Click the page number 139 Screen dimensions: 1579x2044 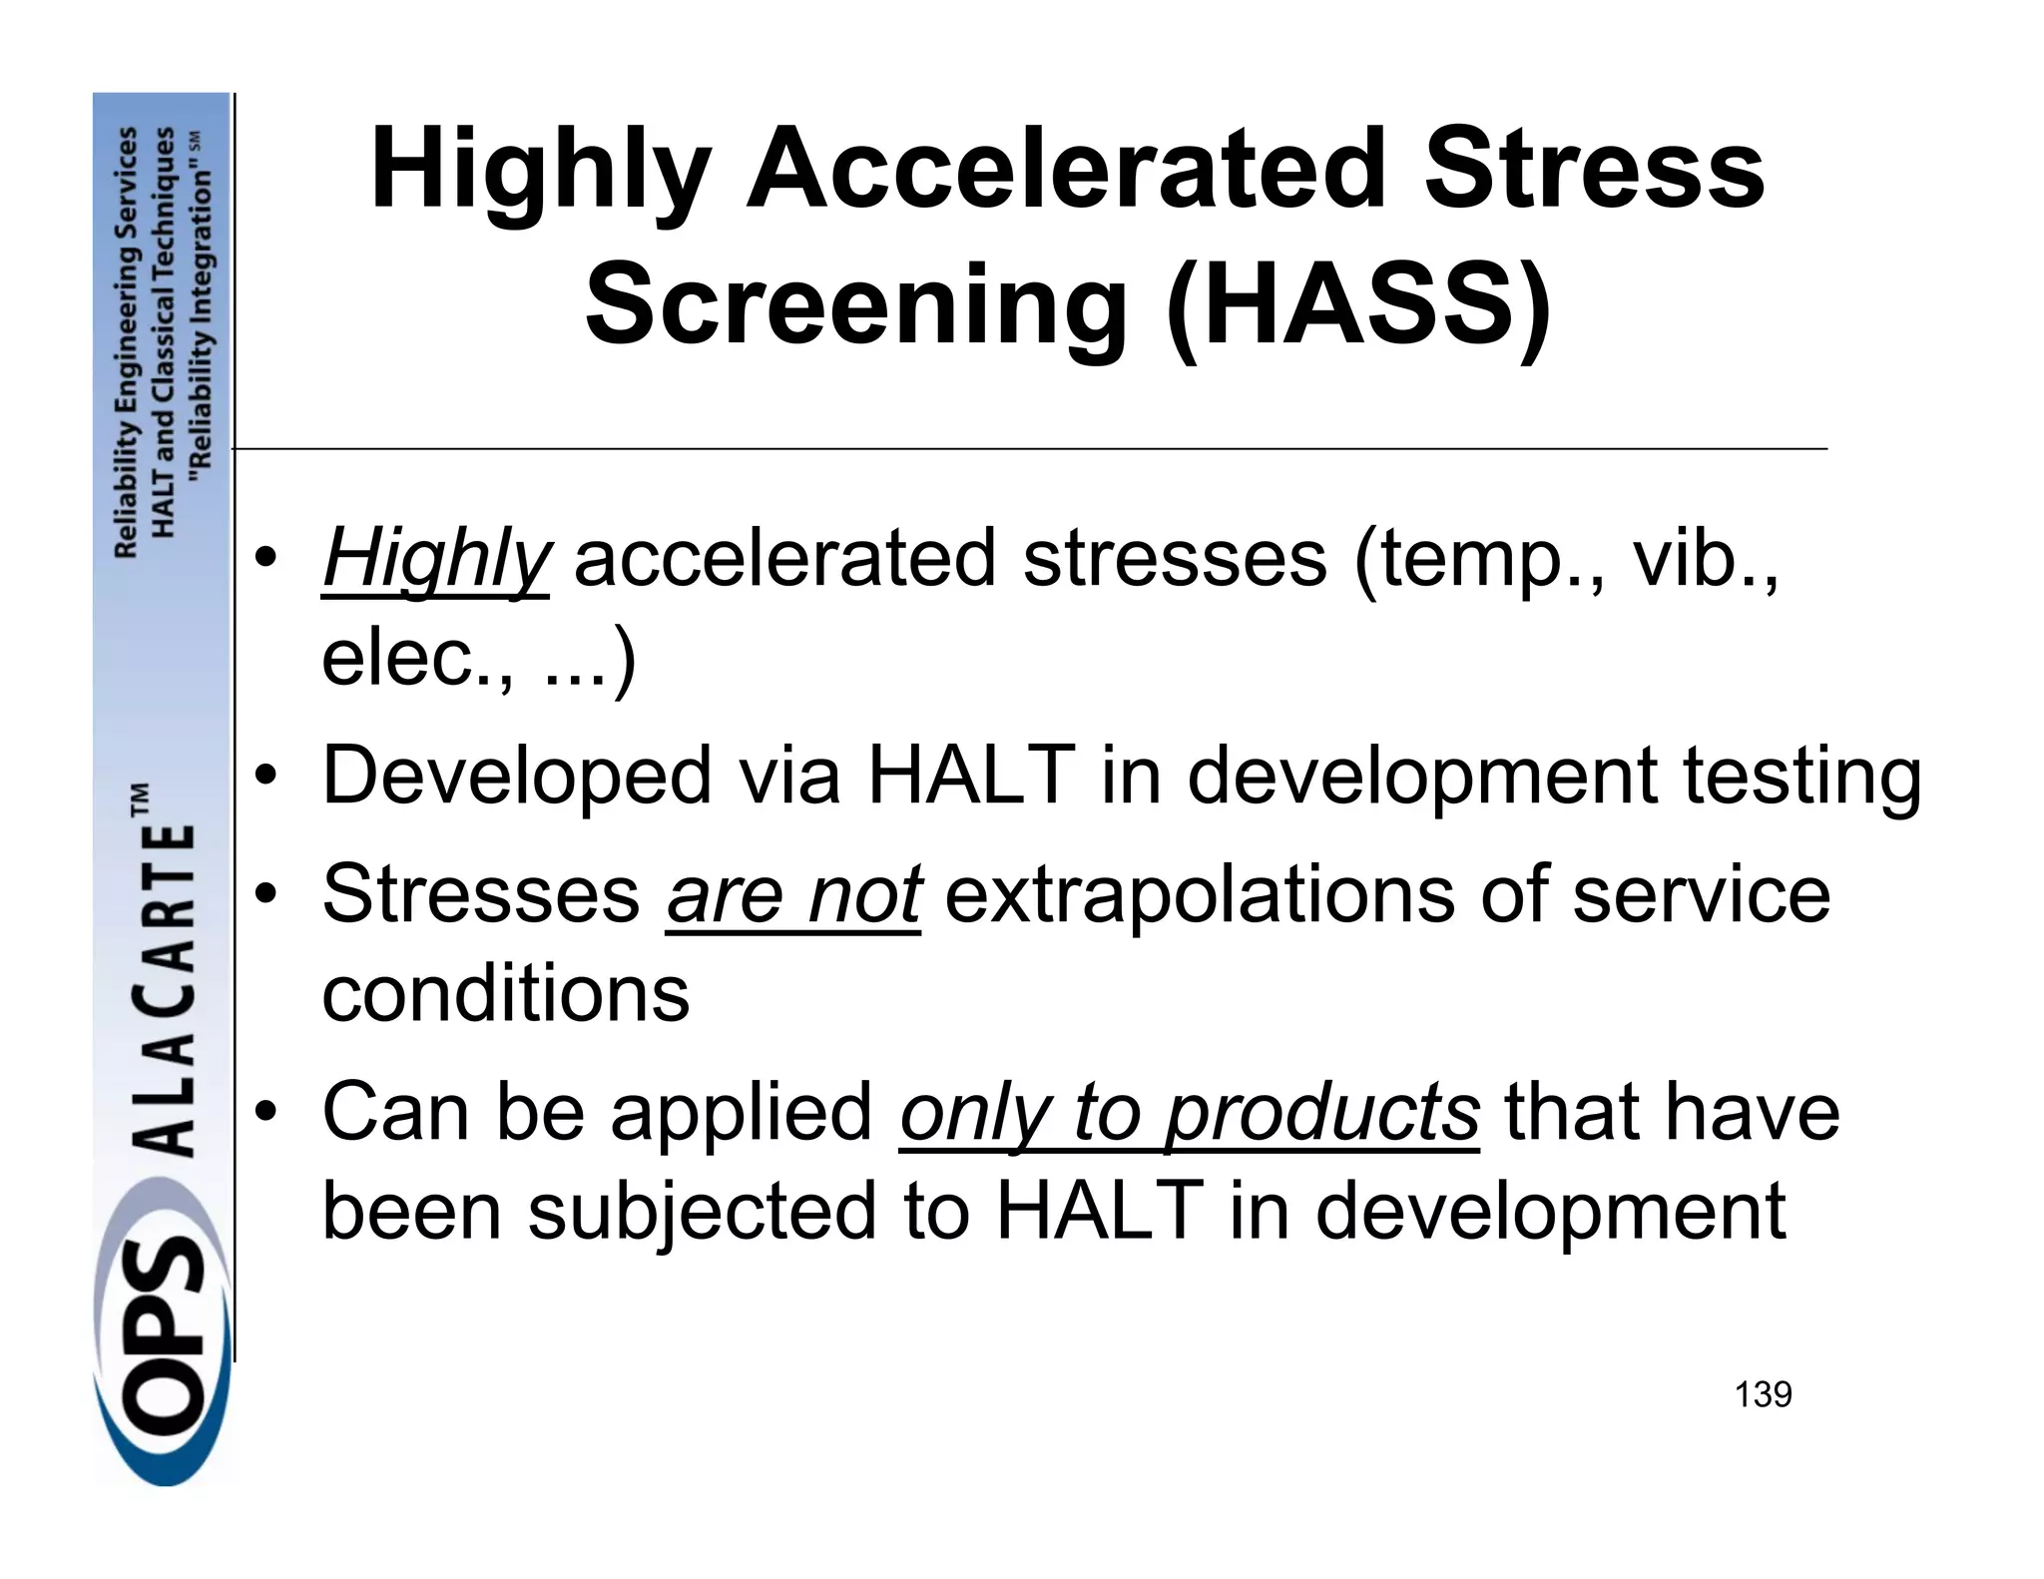click(x=1763, y=1394)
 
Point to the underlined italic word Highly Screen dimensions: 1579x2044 click(x=435, y=560)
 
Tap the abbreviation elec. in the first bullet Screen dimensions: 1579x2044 click(x=418, y=658)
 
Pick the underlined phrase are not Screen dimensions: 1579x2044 click(x=792, y=894)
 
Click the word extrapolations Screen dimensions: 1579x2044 click(x=1199, y=894)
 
